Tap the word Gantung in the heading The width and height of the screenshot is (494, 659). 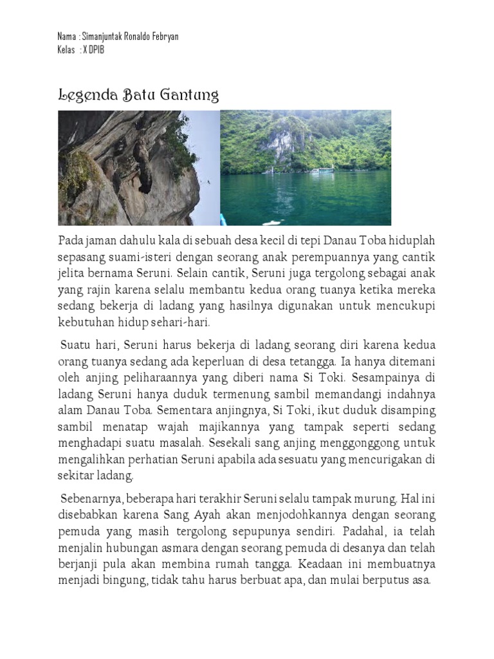click(192, 97)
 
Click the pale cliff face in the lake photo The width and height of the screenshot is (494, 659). click(282, 145)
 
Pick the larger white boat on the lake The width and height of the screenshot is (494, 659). click(322, 171)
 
